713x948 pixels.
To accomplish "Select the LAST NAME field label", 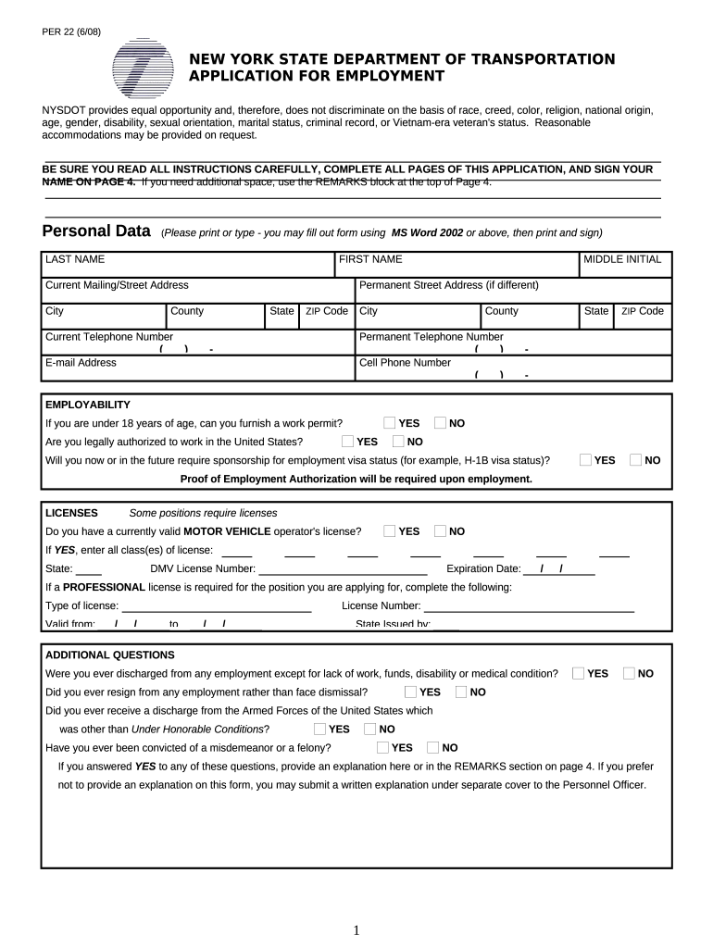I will pyautogui.click(x=75, y=259).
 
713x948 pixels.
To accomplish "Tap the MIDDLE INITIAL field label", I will pyautogui.click(x=622, y=259).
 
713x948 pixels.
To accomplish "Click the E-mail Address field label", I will pyautogui.click(x=81, y=363).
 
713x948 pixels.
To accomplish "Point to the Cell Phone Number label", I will pyautogui.click(x=405, y=363).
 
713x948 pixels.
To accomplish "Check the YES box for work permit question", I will pyautogui.click(x=390, y=423).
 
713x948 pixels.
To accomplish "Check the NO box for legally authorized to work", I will pyautogui.click(x=399, y=442).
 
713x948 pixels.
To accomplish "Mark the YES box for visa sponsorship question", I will pyautogui.click(x=586, y=460).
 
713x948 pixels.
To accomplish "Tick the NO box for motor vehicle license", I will pyautogui.click(x=440, y=531).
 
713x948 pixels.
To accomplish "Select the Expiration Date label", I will pyautogui.click(x=483, y=568).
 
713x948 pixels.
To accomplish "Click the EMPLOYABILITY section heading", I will pyautogui.click(x=88, y=405).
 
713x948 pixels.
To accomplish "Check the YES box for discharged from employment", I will pyautogui.click(x=579, y=674).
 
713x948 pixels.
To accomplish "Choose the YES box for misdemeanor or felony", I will pyautogui.click(x=383, y=748).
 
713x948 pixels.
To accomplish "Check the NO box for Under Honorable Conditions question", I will pyautogui.click(x=370, y=730).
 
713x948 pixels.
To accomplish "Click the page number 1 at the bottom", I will pyautogui.click(x=356, y=930).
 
